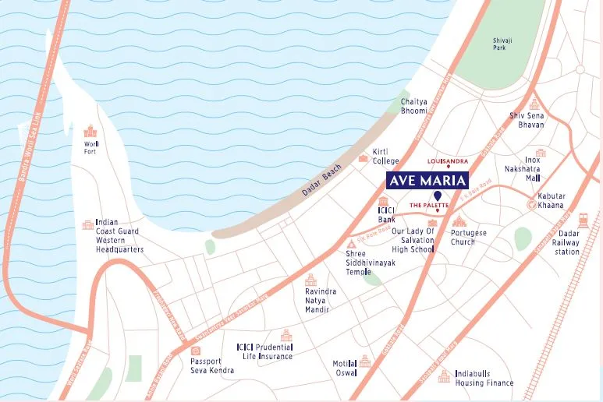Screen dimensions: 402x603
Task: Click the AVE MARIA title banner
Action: (x=427, y=181)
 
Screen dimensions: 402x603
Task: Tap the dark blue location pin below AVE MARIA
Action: (x=438, y=195)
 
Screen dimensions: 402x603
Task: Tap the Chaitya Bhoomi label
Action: (x=413, y=106)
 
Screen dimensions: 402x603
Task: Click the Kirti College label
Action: (x=385, y=157)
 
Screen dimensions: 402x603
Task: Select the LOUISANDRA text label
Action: (x=448, y=160)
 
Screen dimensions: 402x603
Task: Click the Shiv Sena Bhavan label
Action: (x=527, y=120)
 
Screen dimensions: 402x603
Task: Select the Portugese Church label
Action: (x=468, y=238)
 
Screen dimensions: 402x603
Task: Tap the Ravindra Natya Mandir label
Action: (x=321, y=300)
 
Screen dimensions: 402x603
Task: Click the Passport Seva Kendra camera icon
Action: (x=196, y=351)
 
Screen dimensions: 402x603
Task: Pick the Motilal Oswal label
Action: (x=344, y=368)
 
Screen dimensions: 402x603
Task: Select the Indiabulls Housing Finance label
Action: (x=484, y=378)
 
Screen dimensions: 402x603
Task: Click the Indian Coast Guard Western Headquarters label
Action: (x=119, y=236)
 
